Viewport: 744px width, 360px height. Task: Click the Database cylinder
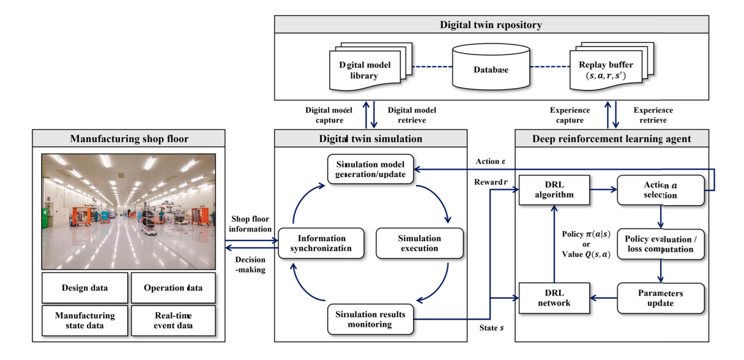[x=491, y=69]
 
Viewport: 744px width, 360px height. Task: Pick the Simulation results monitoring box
[x=371, y=318]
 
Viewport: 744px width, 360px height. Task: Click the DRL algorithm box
[x=553, y=190]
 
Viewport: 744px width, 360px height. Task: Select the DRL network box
[x=553, y=298]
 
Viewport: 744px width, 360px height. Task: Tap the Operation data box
[x=173, y=288]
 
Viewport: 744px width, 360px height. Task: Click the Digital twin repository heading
[x=491, y=25]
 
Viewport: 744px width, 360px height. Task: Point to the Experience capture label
[x=569, y=114]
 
